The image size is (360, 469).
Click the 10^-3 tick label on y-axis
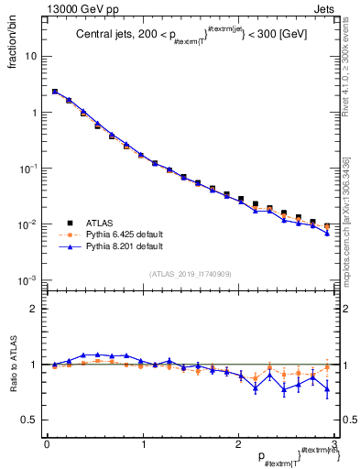[x=28, y=280]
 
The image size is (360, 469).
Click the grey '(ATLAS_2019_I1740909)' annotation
[x=190, y=274]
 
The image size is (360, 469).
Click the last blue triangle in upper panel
[x=327, y=233]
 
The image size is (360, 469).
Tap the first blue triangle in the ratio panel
[x=54, y=365]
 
